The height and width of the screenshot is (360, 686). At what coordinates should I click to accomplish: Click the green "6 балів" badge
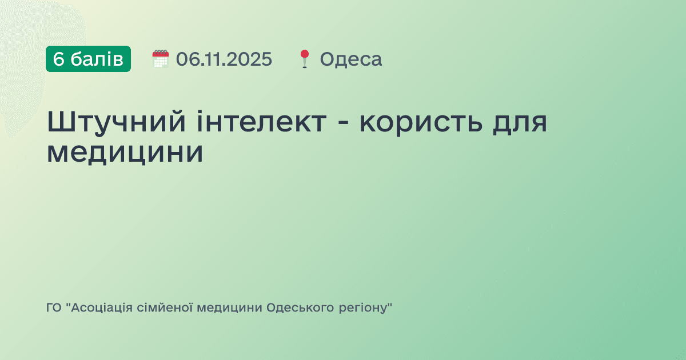88,59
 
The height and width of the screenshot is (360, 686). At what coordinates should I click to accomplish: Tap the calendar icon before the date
161,59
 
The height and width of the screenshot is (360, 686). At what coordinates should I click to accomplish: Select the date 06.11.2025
224,59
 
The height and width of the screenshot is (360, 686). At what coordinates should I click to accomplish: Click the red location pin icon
304,59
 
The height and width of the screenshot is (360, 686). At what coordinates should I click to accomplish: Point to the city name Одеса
350,59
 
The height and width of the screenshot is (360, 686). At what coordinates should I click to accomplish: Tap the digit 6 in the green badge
59,59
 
